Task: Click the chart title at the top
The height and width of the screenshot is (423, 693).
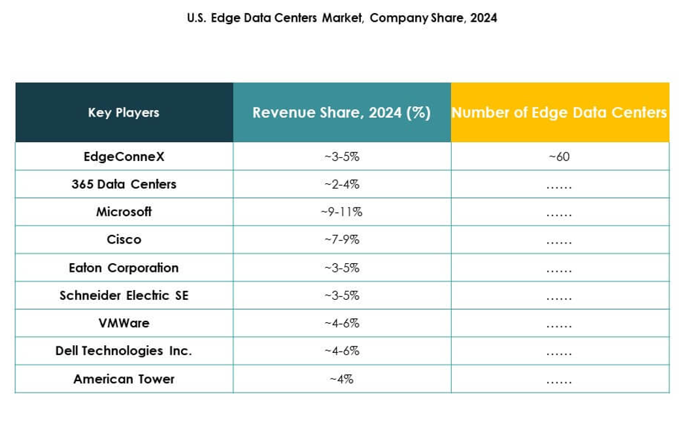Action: pyautogui.click(x=342, y=18)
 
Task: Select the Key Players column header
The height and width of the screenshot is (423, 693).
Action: pyautogui.click(x=124, y=113)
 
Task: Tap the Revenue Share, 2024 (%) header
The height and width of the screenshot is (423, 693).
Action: pyautogui.click(x=341, y=113)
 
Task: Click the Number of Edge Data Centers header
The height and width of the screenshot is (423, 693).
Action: pyautogui.click(x=559, y=113)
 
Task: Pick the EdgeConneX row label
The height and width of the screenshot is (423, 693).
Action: pyautogui.click(x=124, y=156)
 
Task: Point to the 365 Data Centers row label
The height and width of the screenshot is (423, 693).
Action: pyautogui.click(x=124, y=184)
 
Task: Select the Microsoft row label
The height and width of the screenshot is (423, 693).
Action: pyautogui.click(x=124, y=211)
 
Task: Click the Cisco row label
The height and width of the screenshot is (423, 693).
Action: pyautogui.click(x=124, y=240)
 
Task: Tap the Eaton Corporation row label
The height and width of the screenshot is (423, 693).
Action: pyautogui.click(x=124, y=268)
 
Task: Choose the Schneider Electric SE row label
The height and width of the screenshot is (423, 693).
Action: pyautogui.click(x=124, y=295)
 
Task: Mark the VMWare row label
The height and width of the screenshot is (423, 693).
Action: pyautogui.click(x=124, y=323)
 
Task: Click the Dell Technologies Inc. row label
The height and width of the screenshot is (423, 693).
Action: pyautogui.click(x=124, y=351)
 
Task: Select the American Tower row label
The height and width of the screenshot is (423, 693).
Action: pyautogui.click(x=124, y=379)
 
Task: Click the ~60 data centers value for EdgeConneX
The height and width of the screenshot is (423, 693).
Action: pyautogui.click(x=559, y=157)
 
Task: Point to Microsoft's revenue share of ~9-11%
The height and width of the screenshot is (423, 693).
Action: pyautogui.click(x=341, y=212)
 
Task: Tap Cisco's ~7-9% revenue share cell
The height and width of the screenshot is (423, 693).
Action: pyautogui.click(x=341, y=240)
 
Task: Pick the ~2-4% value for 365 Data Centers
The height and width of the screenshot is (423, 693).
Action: pyautogui.click(x=341, y=185)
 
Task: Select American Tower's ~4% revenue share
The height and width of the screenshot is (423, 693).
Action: pyautogui.click(x=341, y=379)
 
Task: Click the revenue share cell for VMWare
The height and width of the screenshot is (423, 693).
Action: pyautogui.click(x=341, y=323)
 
